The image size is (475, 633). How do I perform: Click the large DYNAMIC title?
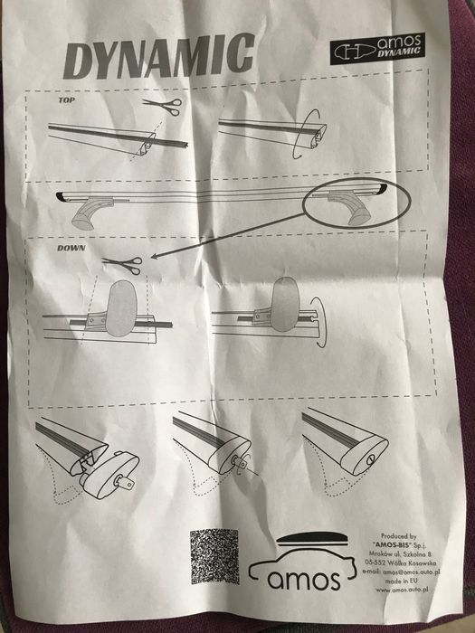(158, 59)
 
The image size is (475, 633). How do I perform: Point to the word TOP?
(66, 103)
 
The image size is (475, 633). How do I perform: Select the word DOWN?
(71, 247)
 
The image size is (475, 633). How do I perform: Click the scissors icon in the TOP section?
(163, 107)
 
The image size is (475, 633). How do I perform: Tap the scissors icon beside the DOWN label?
(122, 263)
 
